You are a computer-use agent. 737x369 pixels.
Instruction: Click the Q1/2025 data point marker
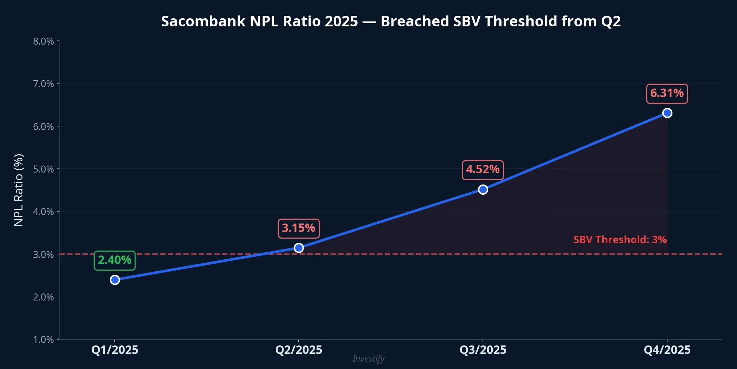(x=115, y=280)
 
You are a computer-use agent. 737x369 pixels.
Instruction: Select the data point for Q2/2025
(x=299, y=248)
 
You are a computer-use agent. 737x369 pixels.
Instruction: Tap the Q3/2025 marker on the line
(x=483, y=189)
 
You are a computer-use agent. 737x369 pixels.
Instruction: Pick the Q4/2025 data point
(x=667, y=113)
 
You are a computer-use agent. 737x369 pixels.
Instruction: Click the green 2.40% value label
(x=114, y=260)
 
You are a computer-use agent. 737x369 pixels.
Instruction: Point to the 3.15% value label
(x=299, y=228)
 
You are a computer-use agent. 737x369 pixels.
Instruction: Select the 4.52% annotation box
(x=483, y=170)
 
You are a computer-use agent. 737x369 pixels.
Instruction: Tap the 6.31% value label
(x=667, y=94)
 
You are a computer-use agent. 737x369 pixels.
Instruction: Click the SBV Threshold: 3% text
(x=620, y=240)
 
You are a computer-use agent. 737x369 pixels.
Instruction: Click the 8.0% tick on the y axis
(x=44, y=41)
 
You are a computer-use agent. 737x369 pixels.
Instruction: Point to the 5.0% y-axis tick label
(x=44, y=169)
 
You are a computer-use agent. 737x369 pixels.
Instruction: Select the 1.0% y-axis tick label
(x=44, y=340)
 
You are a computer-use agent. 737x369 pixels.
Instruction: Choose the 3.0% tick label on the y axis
(x=44, y=255)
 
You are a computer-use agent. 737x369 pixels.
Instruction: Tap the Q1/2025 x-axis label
(x=115, y=350)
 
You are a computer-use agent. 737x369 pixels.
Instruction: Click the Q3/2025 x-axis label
(x=483, y=350)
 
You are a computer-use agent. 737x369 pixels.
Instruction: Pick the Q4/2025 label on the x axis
(x=667, y=350)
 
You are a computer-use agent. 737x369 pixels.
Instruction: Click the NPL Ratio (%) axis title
(x=19, y=190)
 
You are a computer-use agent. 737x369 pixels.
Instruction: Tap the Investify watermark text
(x=368, y=359)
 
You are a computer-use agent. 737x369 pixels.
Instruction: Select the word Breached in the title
(x=415, y=21)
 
